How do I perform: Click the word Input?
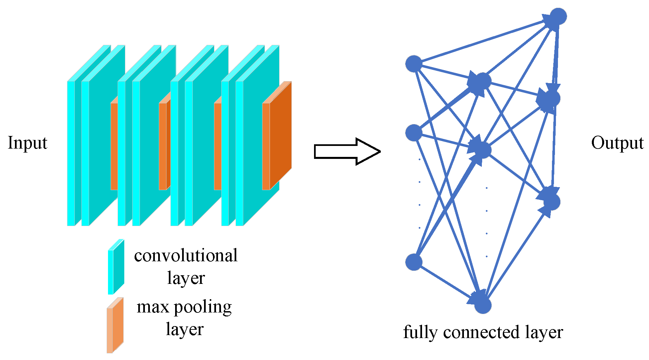[x=28, y=143]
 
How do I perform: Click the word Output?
[x=617, y=143]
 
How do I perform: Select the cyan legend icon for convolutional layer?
[x=116, y=267]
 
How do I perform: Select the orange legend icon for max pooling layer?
[x=115, y=325]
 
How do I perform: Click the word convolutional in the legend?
[x=186, y=256]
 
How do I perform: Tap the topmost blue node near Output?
[x=558, y=16]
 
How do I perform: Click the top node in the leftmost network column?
[x=414, y=63]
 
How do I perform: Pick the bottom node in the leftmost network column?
[x=414, y=262]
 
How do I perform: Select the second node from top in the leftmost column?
[x=414, y=133]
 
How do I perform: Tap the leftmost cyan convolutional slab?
[x=71, y=153]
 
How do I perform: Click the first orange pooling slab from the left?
[x=114, y=146]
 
